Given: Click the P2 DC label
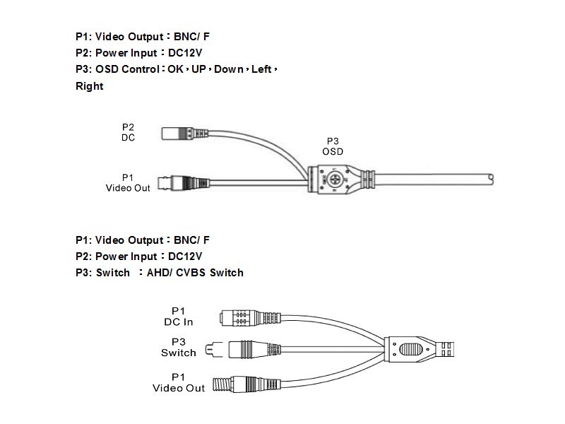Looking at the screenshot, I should (x=128, y=132).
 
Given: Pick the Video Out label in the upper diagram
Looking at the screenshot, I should (x=128, y=183).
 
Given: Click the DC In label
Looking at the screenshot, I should (x=178, y=317).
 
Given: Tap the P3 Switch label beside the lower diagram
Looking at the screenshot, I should (x=178, y=347).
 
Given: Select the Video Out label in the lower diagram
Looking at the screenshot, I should (x=178, y=382).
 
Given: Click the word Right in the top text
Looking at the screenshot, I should (x=89, y=86).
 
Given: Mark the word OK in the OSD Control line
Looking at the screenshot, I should (x=175, y=70).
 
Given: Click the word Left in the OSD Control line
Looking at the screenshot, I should (x=261, y=70).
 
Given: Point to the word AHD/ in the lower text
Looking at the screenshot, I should (x=160, y=273).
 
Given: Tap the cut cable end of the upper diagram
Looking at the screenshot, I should (x=490, y=177).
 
